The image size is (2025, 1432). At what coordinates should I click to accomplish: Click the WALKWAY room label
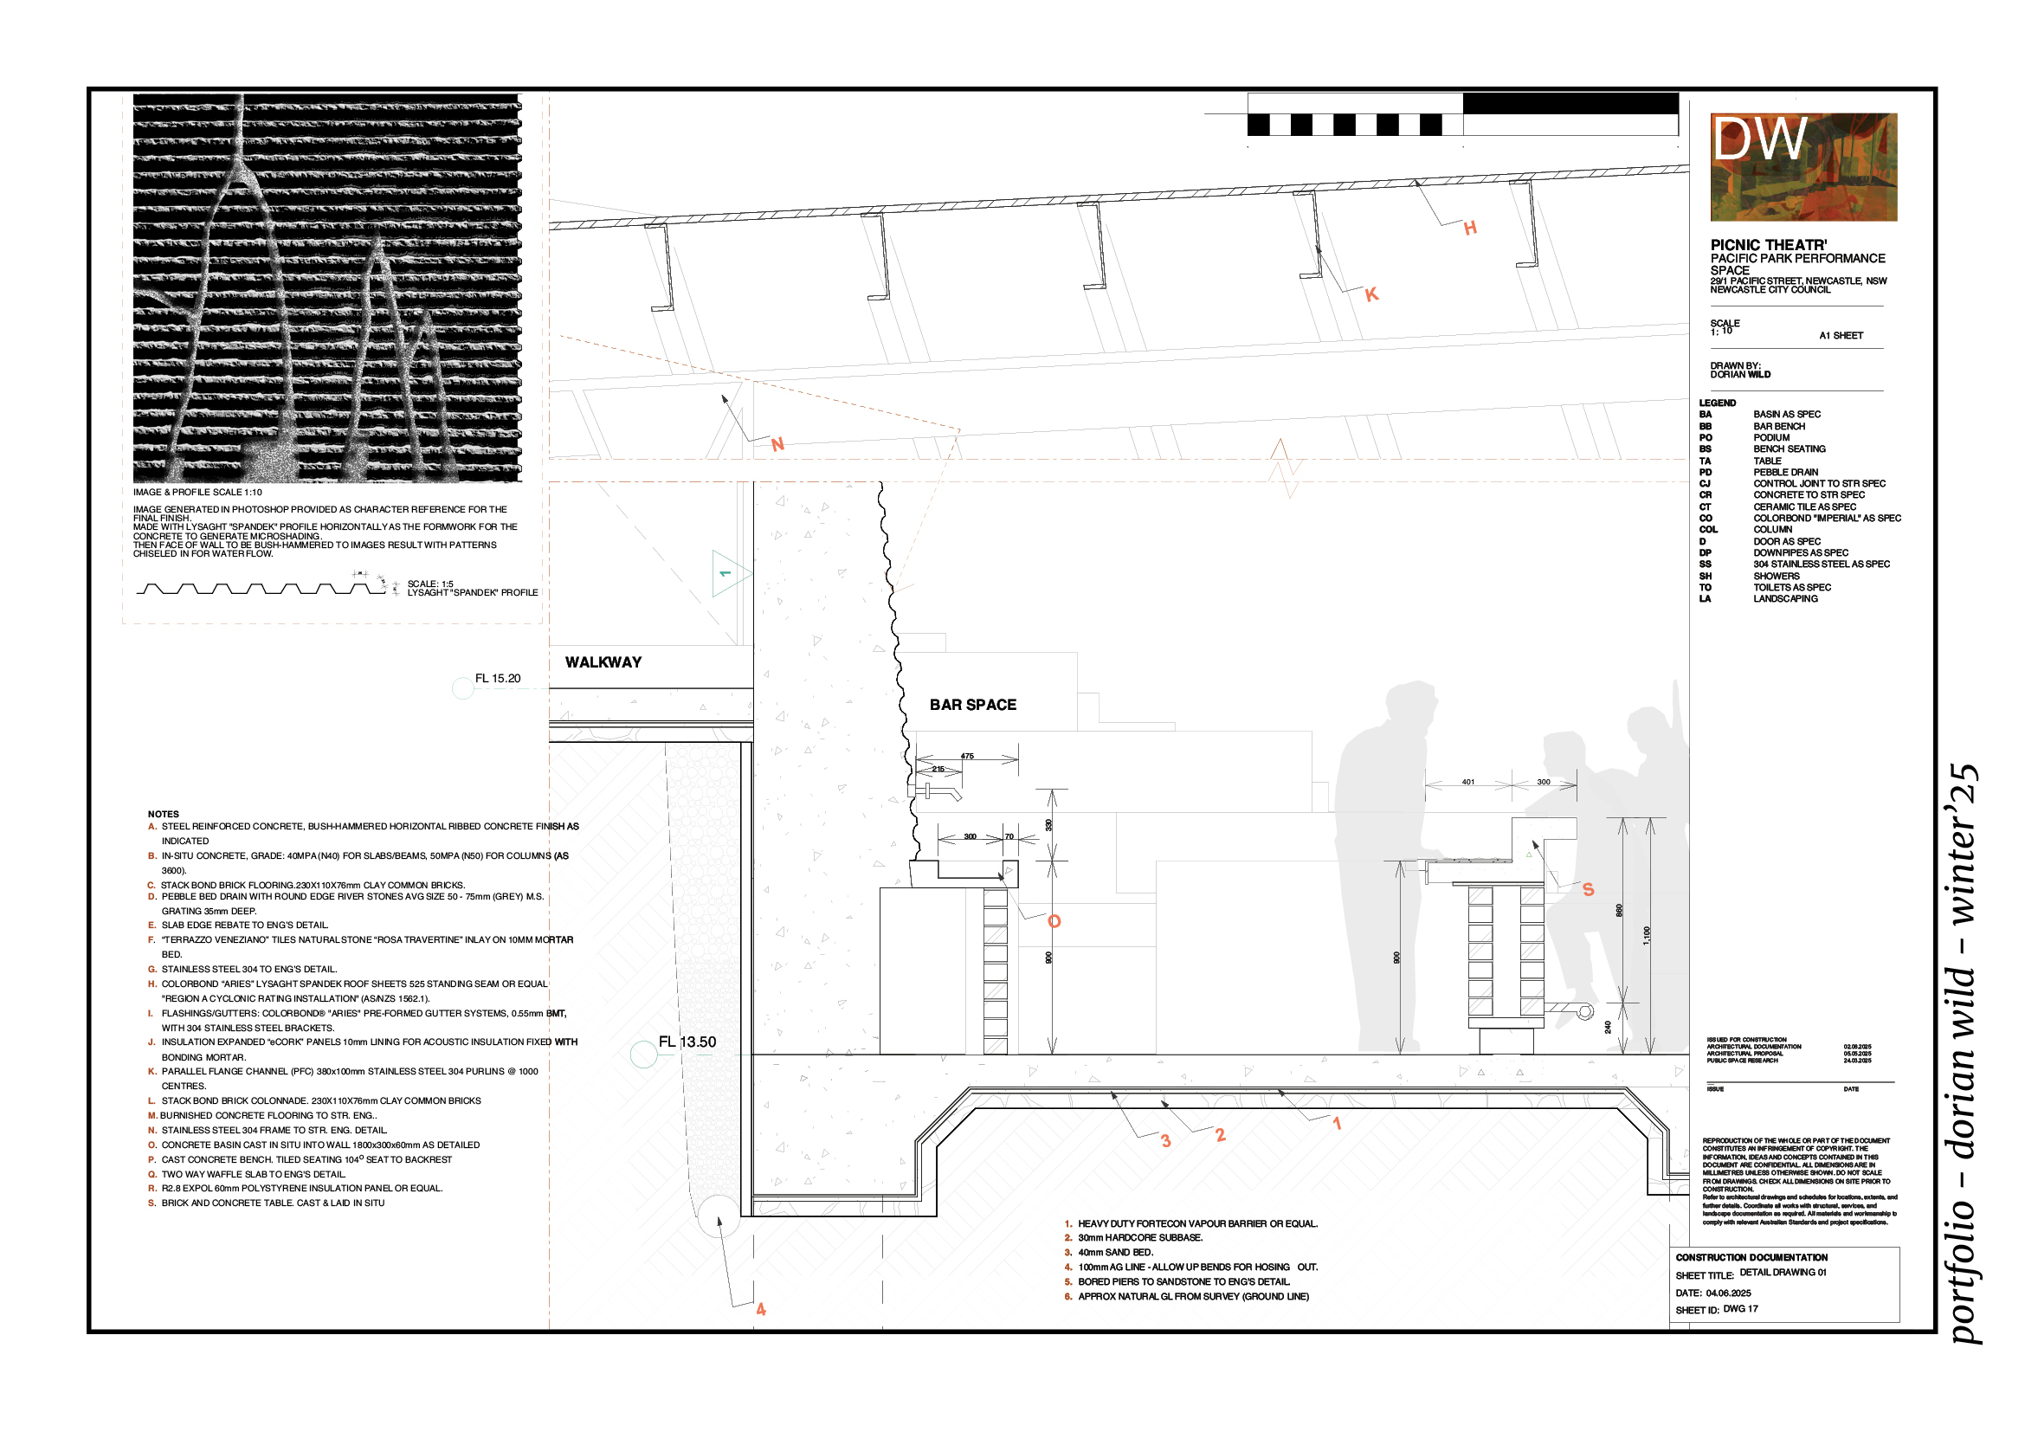tap(603, 662)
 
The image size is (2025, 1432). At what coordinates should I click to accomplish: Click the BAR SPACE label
tap(973, 705)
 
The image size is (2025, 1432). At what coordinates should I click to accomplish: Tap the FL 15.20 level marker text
tap(498, 678)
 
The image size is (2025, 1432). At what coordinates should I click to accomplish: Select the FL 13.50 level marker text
tap(687, 1042)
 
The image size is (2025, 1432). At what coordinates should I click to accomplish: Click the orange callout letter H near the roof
tap(1470, 229)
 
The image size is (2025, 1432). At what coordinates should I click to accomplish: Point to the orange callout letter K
tap(1371, 294)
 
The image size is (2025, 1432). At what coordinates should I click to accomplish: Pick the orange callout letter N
tap(777, 444)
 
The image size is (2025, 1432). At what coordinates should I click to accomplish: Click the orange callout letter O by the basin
tap(1054, 921)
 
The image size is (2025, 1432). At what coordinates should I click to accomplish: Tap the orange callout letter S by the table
tap(1589, 890)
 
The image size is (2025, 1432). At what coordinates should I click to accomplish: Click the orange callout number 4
tap(761, 1309)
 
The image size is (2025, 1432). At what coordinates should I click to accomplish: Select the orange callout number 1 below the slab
tap(1337, 1124)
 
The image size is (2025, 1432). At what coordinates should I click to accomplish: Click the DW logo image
tap(1803, 166)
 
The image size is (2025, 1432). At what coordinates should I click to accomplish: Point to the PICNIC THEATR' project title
tap(1769, 245)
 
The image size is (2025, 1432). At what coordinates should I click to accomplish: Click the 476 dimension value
tap(968, 756)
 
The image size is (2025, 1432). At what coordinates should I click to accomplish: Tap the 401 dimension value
tap(1467, 782)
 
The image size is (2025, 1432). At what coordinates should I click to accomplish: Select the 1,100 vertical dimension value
tap(1646, 936)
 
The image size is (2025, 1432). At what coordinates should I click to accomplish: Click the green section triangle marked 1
tap(728, 574)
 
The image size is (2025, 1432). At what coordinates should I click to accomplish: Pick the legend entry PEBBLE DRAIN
tap(1785, 472)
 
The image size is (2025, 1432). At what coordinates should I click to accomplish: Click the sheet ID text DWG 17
tap(1740, 1308)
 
